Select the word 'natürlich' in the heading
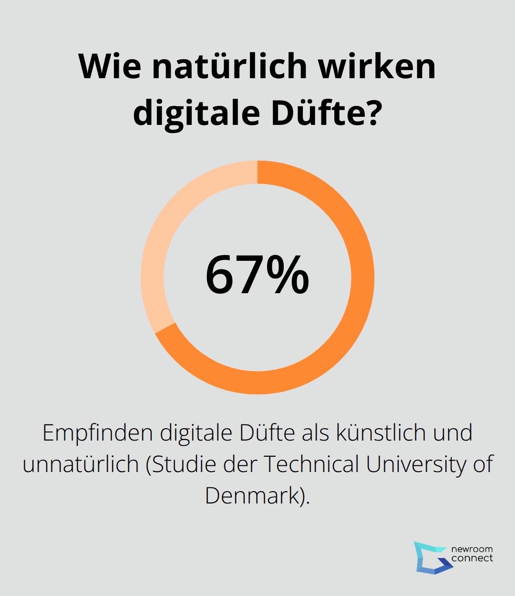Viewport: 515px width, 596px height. [229, 66]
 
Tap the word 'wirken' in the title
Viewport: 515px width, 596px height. [377, 66]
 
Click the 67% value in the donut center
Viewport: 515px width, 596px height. [257, 276]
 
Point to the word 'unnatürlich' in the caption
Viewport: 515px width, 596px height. [81, 464]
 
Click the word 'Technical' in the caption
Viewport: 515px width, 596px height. [311, 464]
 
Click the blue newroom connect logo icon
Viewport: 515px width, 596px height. [432, 557]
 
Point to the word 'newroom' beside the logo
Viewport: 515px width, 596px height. [472, 549]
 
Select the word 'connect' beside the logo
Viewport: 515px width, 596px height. [472, 558]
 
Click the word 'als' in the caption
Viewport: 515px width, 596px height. [316, 433]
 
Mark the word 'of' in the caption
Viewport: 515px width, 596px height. [483, 464]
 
